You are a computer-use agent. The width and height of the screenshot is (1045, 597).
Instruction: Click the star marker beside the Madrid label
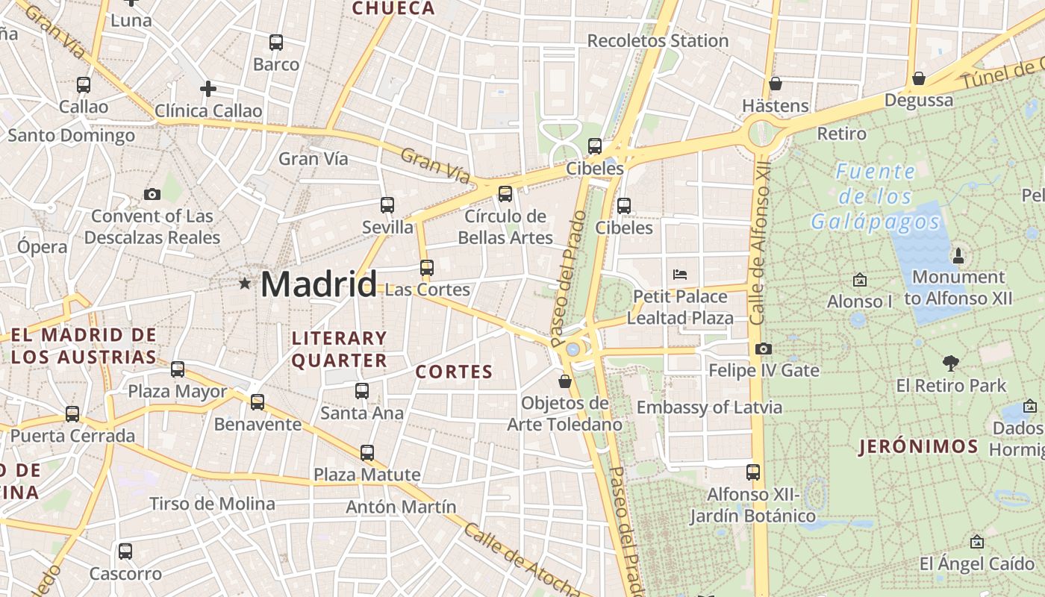click(245, 284)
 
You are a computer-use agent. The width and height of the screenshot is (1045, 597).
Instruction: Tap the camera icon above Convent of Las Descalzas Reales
click(152, 195)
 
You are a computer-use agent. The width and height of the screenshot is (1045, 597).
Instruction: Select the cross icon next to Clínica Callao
click(208, 90)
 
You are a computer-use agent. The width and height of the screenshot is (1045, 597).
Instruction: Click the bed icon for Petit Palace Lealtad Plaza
click(679, 275)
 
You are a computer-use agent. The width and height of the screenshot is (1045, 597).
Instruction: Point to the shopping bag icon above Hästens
click(776, 84)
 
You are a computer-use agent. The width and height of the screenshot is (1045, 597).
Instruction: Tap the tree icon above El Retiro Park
click(950, 363)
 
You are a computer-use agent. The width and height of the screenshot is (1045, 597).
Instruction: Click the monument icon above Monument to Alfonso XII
click(958, 257)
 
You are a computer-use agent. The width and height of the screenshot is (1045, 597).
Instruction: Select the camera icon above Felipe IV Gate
click(763, 348)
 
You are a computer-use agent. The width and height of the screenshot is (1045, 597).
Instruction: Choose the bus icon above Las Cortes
click(427, 267)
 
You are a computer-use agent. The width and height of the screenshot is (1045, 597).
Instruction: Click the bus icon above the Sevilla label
click(387, 204)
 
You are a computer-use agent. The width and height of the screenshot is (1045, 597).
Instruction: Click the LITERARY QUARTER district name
click(339, 349)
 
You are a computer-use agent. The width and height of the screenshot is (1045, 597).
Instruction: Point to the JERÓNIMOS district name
click(918, 447)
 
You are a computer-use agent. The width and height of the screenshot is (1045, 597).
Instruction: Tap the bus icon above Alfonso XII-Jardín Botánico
click(753, 472)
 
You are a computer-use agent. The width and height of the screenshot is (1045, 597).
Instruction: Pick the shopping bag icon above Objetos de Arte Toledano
click(565, 381)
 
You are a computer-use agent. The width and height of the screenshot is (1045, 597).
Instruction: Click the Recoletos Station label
click(658, 41)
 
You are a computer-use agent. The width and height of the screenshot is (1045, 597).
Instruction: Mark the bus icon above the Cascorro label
click(125, 551)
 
